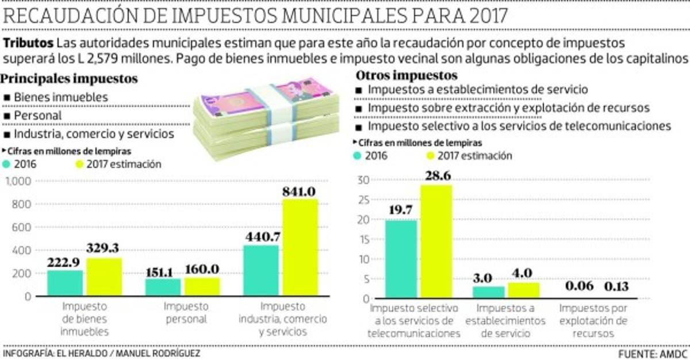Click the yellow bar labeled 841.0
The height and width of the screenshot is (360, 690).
point(300,247)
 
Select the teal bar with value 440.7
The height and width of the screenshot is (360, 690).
point(262,271)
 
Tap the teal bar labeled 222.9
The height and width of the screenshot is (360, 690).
point(65,284)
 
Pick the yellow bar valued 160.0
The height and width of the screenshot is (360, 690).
point(202,288)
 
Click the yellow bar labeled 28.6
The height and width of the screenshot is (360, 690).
point(436,242)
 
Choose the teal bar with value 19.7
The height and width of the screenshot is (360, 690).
point(401,259)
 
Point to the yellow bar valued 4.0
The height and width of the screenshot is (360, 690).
point(523,290)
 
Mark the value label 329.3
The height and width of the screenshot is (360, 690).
point(105,248)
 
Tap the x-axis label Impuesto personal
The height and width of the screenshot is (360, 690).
point(186,313)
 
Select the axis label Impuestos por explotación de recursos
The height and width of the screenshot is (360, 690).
point(594,320)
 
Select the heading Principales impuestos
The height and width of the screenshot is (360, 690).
point(71,78)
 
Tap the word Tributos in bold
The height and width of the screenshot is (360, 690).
point(28,44)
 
